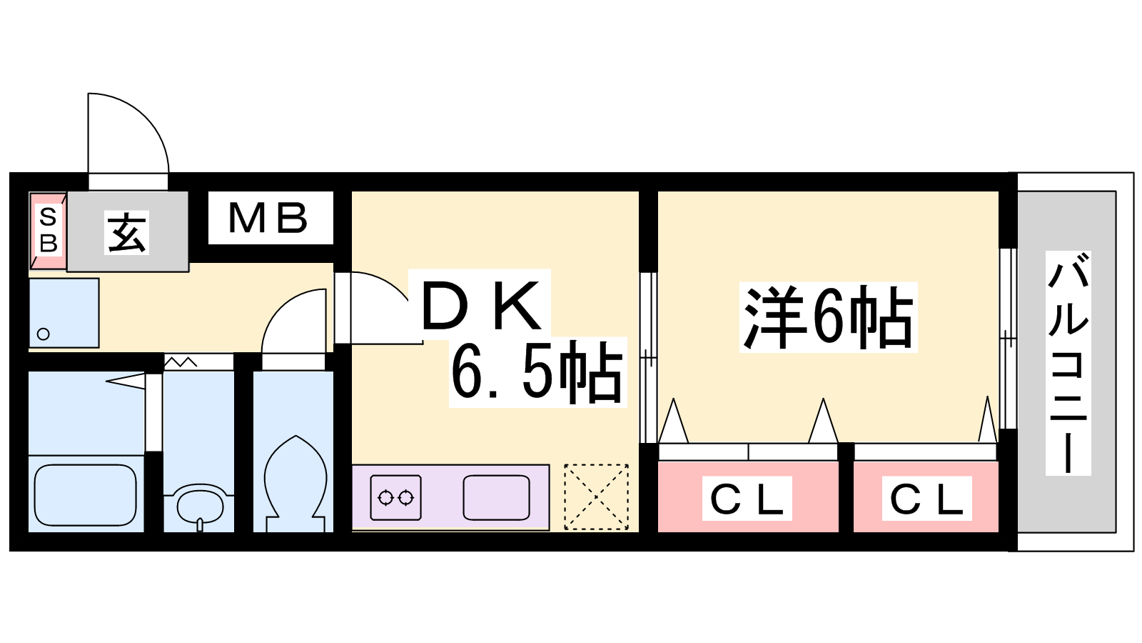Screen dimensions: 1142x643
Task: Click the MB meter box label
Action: pyautogui.click(x=268, y=218)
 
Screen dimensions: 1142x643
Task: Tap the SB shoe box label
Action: pyautogui.click(x=48, y=230)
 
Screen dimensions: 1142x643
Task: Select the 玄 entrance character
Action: pyautogui.click(x=127, y=232)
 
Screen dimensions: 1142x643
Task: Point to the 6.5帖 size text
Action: pyautogui.click(x=537, y=372)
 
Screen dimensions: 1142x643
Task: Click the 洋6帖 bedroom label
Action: pyautogui.click(x=828, y=317)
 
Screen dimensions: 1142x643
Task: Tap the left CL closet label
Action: pyautogui.click(x=747, y=499)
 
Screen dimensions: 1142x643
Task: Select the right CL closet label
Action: pyautogui.click(x=927, y=499)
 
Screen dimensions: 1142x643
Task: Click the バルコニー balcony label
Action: pyautogui.click(x=1068, y=364)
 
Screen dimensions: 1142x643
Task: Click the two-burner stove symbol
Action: pyautogui.click(x=396, y=497)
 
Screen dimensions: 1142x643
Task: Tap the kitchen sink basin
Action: pyautogui.click(x=496, y=497)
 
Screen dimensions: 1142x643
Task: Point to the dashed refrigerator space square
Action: pyautogui.click(x=597, y=497)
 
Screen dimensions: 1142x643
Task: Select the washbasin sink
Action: pyautogui.click(x=200, y=506)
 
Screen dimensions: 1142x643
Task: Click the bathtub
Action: pyautogui.click(x=86, y=495)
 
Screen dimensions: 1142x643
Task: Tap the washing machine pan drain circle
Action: pyautogui.click(x=44, y=334)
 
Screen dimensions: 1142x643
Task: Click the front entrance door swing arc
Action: pyautogui.click(x=128, y=133)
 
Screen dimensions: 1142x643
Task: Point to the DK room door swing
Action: pyautogui.click(x=379, y=307)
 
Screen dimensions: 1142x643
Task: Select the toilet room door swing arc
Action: pyautogui.click(x=294, y=321)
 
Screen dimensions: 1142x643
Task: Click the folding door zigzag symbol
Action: pyautogui.click(x=181, y=362)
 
